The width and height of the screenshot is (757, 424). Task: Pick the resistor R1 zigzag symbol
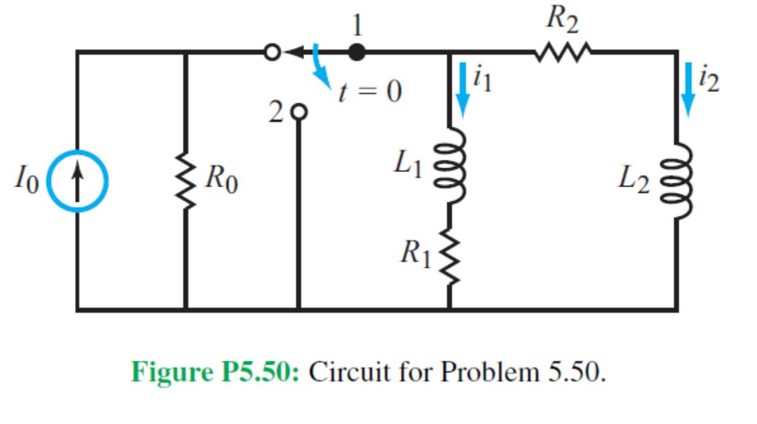[449, 256]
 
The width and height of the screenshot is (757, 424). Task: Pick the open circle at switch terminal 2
[299, 112]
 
